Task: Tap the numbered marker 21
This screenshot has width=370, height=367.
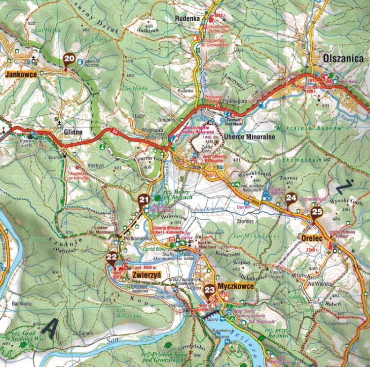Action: tap(144, 200)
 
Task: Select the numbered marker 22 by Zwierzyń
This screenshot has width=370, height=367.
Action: tap(111, 257)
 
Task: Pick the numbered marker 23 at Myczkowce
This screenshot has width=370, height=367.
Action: tap(210, 290)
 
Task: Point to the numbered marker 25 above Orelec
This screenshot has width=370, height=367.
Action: tap(317, 213)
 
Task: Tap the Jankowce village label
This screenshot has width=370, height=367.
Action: tap(22, 74)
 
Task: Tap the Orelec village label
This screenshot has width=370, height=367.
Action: tap(312, 238)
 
